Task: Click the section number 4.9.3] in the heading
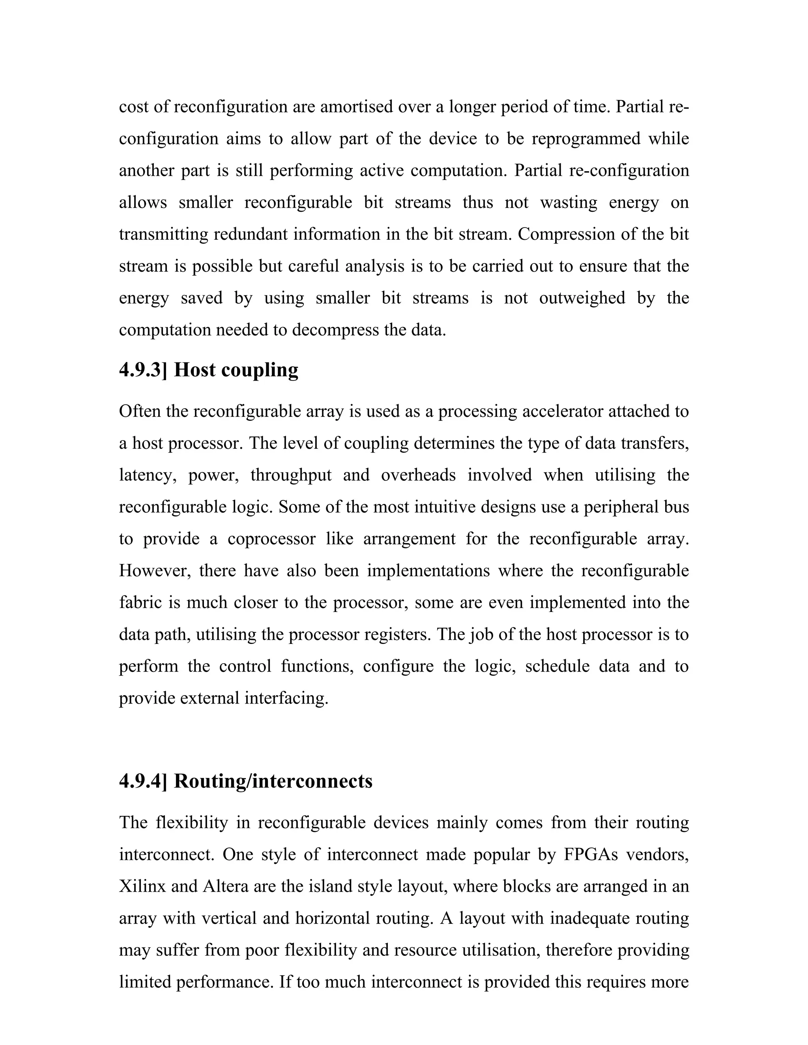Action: pyautogui.click(x=143, y=370)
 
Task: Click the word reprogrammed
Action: pyautogui.click(x=586, y=138)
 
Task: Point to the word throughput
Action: pyautogui.click(x=291, y=475)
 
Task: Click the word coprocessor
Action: pyautogui.click(x=271, y=539)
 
